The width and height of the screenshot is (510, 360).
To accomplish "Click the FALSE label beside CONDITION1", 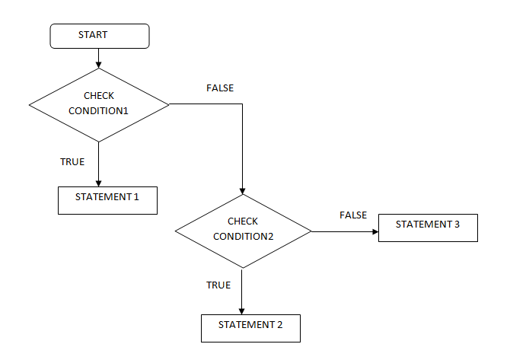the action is tap(220, 88).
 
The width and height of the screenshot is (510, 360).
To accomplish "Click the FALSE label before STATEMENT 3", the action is tap(353, 215).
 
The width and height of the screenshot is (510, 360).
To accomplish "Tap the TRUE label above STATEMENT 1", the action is tap(72, 161).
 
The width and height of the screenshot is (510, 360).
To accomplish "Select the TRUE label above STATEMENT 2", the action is tap(218, 285).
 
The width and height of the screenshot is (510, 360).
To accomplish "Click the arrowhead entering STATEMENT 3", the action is tap(375, 231).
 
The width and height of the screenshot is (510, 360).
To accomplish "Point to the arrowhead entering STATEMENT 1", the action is tap(98, 183).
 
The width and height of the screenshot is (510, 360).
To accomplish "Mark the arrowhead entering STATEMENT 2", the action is tap(241, 311).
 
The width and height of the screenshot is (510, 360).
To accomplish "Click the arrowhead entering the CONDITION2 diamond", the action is tap(242, 191).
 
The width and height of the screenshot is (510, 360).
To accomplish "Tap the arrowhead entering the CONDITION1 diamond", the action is tap(98, 65).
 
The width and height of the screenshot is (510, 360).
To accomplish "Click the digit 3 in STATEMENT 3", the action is tap(457, 225).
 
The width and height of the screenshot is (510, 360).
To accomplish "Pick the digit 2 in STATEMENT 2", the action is tap(279, 325).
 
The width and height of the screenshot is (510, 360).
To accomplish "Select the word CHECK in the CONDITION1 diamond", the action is tap(99, 96).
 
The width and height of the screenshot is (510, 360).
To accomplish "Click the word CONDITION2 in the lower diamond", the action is tap(244, 237).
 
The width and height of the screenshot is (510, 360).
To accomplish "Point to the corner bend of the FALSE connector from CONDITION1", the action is tap(242, 104).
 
